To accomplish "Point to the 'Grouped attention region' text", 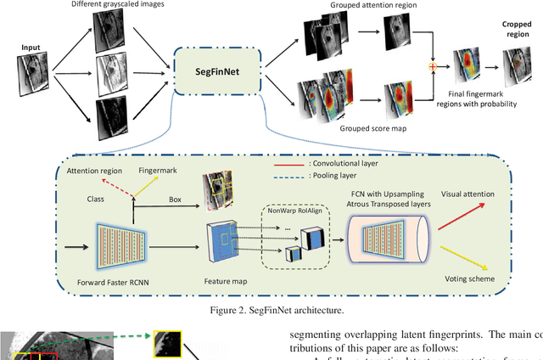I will click(360, 6).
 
